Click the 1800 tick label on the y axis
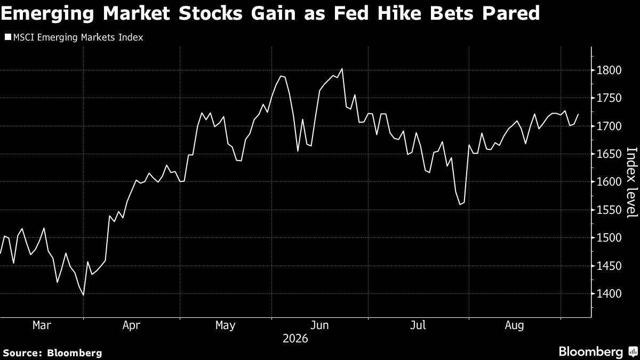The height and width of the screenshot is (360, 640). point(609,70)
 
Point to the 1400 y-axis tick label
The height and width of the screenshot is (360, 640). point(609,294)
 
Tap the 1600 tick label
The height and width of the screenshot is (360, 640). point(609,182)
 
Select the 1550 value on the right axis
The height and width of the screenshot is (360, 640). point(609,210)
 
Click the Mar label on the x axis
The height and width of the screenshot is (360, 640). point(42,325)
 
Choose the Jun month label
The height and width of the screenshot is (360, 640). point(319,325)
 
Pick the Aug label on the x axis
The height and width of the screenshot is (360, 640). point(514,325)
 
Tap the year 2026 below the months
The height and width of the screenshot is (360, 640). point(295,339)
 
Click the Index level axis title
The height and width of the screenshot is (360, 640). point(632,183)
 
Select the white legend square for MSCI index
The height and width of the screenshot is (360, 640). point(8,37)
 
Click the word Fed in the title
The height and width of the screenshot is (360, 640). point(351,13)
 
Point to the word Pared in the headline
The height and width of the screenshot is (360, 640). point(511,13)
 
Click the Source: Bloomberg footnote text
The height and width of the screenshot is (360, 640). point(53,353)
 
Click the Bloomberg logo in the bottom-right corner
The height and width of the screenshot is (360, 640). point(598,351)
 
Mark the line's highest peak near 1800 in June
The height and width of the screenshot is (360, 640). point(342,69)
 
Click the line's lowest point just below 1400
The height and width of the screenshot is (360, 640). point(83,295)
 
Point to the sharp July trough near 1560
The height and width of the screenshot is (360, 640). point(460,205)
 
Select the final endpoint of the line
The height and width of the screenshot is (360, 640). point(578,114)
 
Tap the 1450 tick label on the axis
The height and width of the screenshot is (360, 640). point(609,266)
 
